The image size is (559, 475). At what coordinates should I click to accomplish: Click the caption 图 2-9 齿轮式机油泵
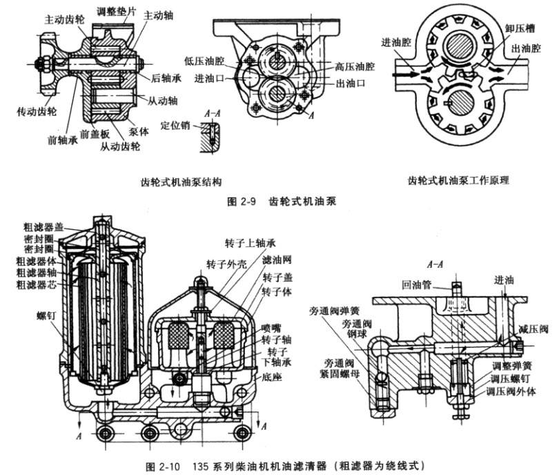coord(277,202)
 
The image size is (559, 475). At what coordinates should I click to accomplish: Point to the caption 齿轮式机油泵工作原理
coord(462,181)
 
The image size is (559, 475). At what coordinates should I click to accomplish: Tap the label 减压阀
coord(534,331)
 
